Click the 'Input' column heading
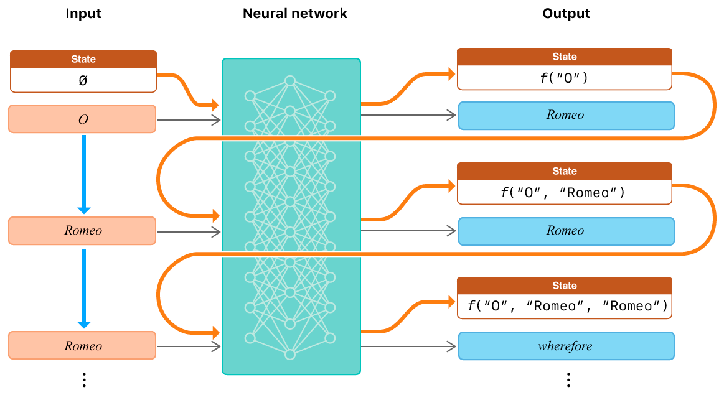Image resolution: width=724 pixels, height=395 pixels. (83, 13)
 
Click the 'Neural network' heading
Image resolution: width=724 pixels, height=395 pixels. (295, 13)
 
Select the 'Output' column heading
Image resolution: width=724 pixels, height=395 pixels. (566, 13)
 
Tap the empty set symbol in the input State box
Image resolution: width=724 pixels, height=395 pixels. (83, 80)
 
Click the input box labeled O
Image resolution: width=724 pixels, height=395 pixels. (82, 119)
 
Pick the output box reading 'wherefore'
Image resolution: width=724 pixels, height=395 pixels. (566, 346)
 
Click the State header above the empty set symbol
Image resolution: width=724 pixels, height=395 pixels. (83, 59)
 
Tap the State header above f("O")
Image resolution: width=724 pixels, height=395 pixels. (565, 57)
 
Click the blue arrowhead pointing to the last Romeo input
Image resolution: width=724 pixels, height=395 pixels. (84, 325)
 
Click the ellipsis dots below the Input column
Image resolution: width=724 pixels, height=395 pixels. (84, 379)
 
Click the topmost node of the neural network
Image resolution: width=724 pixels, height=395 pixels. (289, 81)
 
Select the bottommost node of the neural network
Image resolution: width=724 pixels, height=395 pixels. (289, 355)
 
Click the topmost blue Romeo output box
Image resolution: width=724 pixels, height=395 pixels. (566, 115)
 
